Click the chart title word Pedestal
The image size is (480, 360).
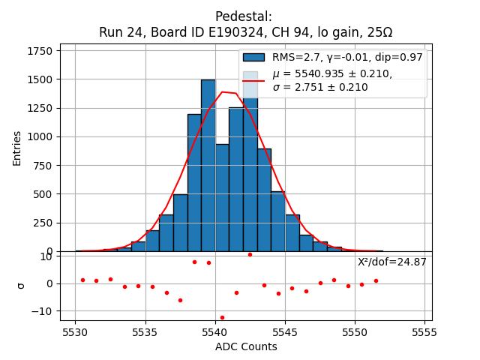pos(243,16)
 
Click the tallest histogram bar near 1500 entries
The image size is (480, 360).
pos(208,165)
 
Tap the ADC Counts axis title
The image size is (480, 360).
pos(246,346)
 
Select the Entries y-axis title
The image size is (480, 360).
pos(16,148)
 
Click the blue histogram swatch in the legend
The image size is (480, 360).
pos(253,57)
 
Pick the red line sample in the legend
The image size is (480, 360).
pos(253,79)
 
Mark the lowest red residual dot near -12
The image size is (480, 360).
pos(222,317)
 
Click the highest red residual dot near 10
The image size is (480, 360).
pos(250,254)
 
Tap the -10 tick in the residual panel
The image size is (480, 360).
pos(45,311)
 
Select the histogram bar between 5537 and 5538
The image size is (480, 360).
pos(180,223)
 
